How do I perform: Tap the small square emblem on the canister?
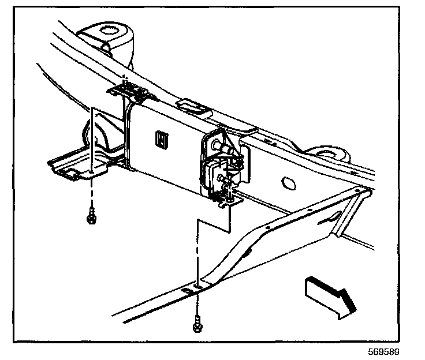coord(162,138)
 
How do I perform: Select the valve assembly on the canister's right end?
coord(219,170)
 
